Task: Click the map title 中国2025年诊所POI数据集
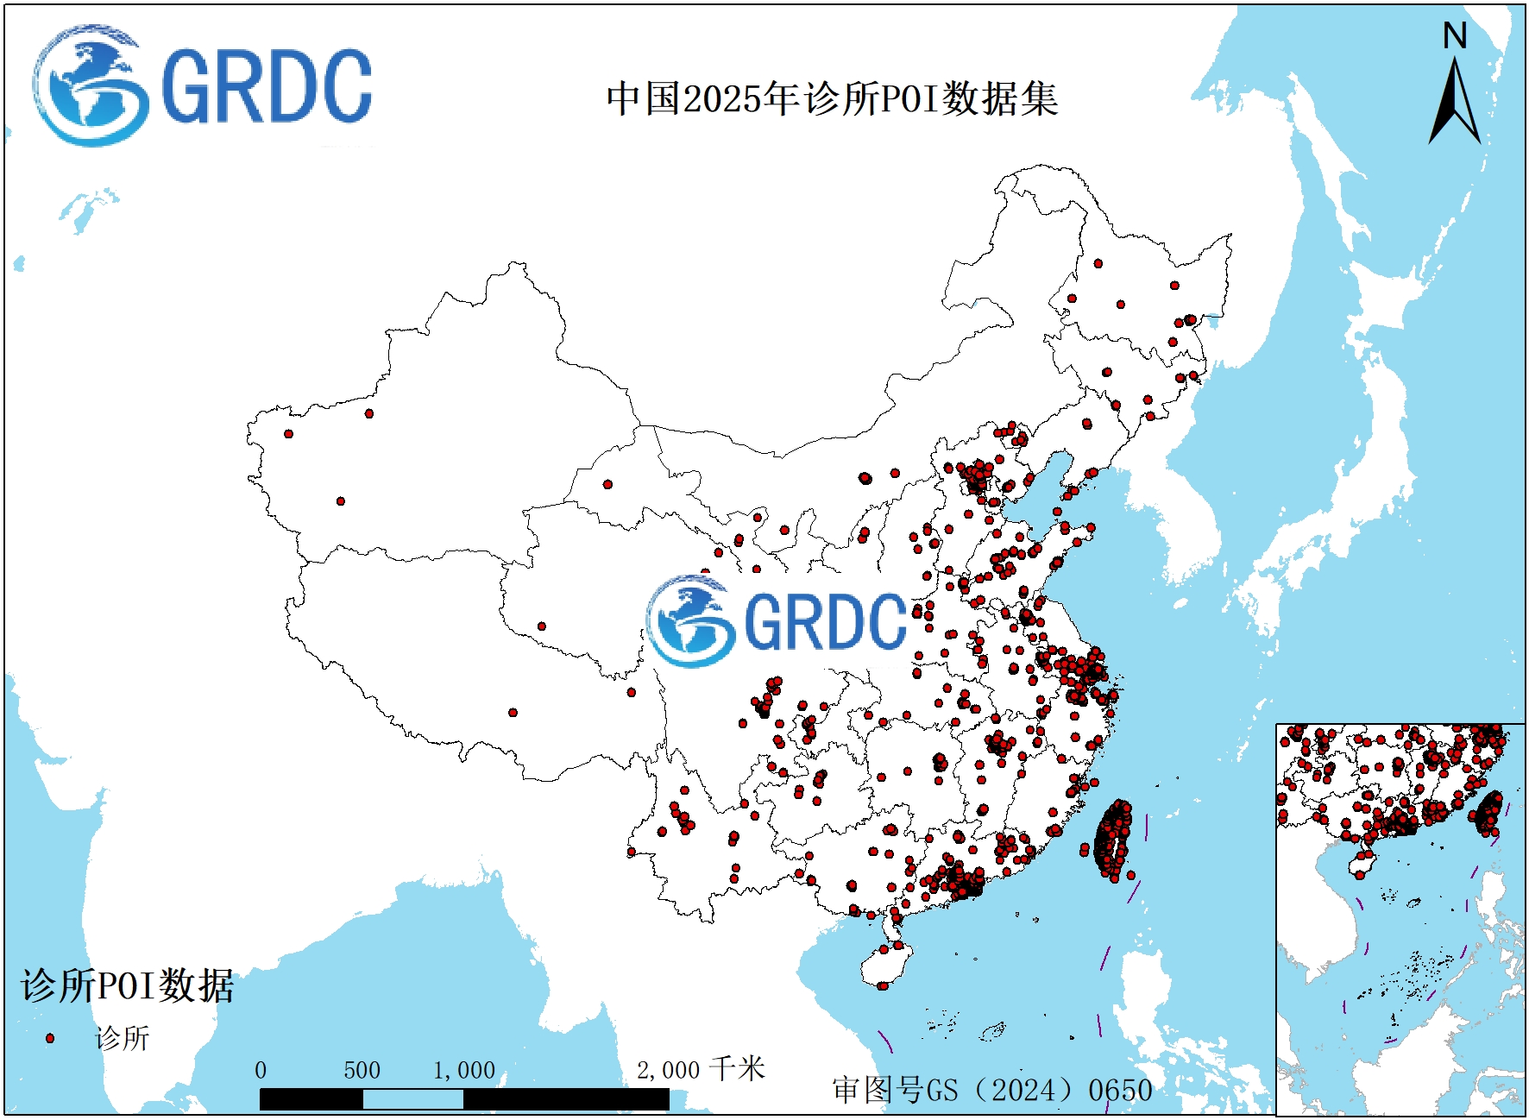832,99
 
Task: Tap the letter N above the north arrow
1455,36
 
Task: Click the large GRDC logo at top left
203,86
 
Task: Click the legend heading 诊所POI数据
127,985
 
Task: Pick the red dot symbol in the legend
50,1038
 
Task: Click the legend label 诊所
123,1038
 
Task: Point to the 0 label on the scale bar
261,1071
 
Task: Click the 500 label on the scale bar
362,1071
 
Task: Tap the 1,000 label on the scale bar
464,1071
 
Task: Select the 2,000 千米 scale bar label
701,1070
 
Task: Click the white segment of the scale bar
412,1099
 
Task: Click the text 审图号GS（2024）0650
992,1090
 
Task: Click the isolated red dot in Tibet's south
513,713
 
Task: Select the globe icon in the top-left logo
86,86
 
